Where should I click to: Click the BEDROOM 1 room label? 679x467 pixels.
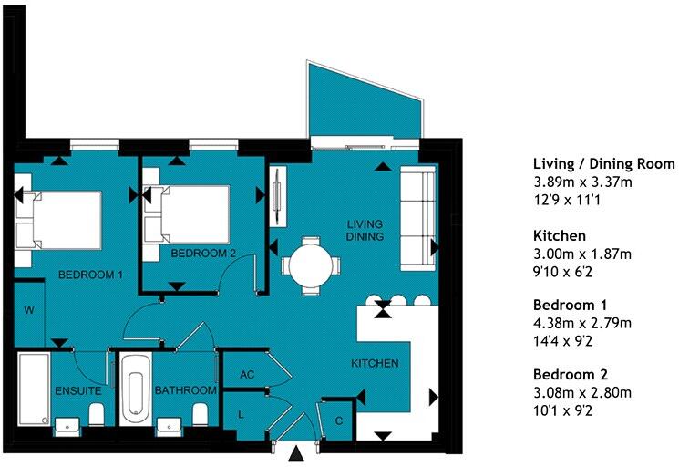[x=90, y=274]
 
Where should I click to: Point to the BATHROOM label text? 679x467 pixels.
[x=185, y=390]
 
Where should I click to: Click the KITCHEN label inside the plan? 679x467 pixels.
[x=376, y=363]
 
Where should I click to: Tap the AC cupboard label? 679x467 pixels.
[x=245, y=374]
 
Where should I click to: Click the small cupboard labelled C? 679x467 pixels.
[x=339, y=420]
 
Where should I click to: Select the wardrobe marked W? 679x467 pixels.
[x=29, y=311]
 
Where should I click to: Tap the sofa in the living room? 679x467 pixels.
[x=417, y=217]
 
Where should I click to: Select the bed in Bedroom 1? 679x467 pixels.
[x=58, y=219]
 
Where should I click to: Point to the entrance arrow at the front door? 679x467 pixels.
[x=297, y=454]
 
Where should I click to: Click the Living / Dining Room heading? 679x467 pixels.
[x=603, y=164]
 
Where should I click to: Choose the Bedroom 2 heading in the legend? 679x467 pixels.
[x=571, y=374]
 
